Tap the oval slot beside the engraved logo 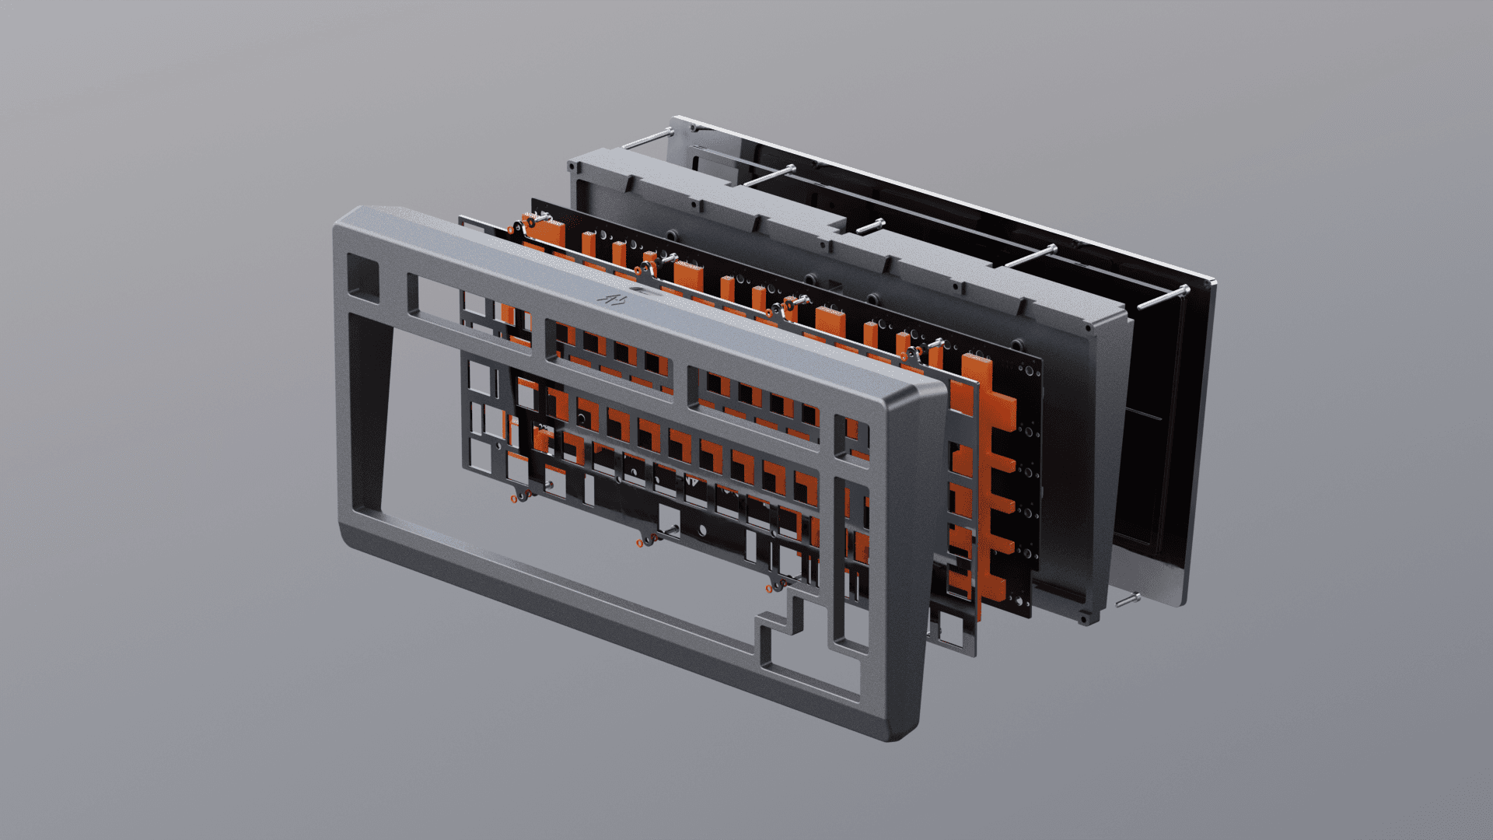642,290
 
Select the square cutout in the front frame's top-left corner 362,276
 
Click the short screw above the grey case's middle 868,226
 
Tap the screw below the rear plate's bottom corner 1128,600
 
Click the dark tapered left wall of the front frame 369,404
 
